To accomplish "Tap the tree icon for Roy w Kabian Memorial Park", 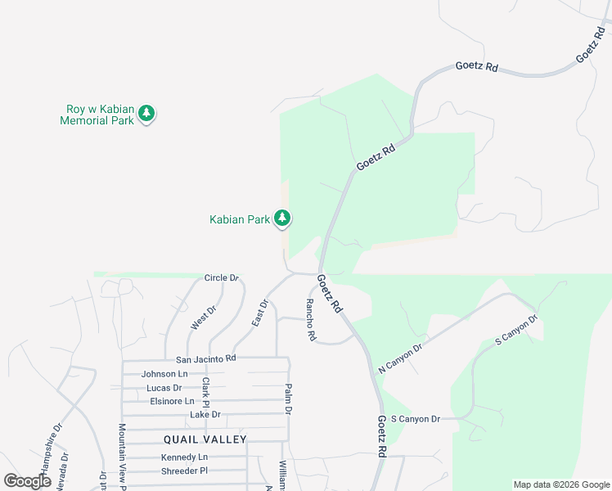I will (x=146, y=113).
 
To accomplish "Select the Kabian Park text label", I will (x=240, y=219).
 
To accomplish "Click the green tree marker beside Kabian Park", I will (x=282, y=218).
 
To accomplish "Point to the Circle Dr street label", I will (x=221, y=278).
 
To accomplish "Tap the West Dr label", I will (x=203, y=318).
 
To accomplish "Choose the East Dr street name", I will (x=259, y=314).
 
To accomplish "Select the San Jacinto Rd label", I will (x=206, y=358).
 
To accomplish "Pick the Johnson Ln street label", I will (x=164, y=373).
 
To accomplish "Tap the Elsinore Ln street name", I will (x=172, y=401).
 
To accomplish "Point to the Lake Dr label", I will (x=205, y=415).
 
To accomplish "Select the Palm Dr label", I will (x=288, y=399).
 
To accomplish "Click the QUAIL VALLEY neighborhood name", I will (x=205, y=439).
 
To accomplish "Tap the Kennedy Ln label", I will (x=184, y=457).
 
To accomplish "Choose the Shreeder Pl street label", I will (x=185, y=471).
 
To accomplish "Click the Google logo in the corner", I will (x=28, y=481).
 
